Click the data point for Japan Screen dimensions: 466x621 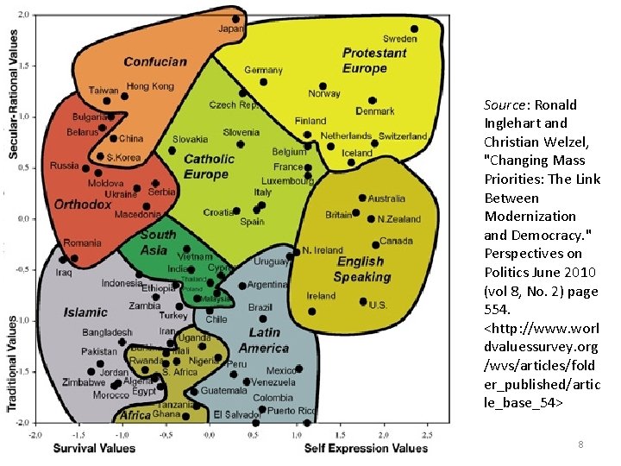coord(235,19)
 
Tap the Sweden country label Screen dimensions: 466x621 coord(399,39)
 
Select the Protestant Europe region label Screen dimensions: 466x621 coord(373,60)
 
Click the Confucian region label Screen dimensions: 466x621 coord(155,62)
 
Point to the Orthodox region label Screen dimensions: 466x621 coord(83,205)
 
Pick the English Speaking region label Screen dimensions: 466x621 coord(361,269)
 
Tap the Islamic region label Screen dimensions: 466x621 coord(86,312)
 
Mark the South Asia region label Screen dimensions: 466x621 coord(157,242)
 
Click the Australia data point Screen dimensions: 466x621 coord(362,198)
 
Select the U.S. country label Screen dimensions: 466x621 coord(378,305)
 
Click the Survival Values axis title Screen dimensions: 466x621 coord(94,448)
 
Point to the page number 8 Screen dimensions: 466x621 coord(580,444)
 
